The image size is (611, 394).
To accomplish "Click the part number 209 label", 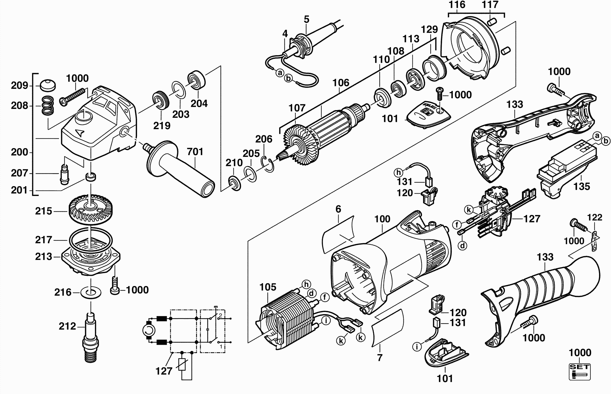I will click(x=20, y=86).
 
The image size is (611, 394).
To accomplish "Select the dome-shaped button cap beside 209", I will click(x=48, y=85).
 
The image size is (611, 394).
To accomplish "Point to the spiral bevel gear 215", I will click(x=91, y=207).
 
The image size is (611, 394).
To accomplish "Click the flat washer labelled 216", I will click(x=91, y=292).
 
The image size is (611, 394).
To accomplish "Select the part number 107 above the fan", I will click(x=297, y=108).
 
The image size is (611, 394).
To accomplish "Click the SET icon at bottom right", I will click(x=580, y=372).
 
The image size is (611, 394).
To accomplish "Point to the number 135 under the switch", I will click(x=582, y=186).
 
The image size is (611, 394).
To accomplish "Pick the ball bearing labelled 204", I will click(x=197, y=79).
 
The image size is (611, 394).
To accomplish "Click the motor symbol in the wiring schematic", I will click(x=148, y=331).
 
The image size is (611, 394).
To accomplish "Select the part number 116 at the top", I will click(x=457, y=5).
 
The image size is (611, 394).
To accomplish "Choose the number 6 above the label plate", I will click(x=338, y=209).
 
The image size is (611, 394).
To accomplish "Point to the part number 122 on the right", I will click(x=595, y=218).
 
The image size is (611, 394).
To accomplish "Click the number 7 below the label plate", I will click(x=380, y=357).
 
